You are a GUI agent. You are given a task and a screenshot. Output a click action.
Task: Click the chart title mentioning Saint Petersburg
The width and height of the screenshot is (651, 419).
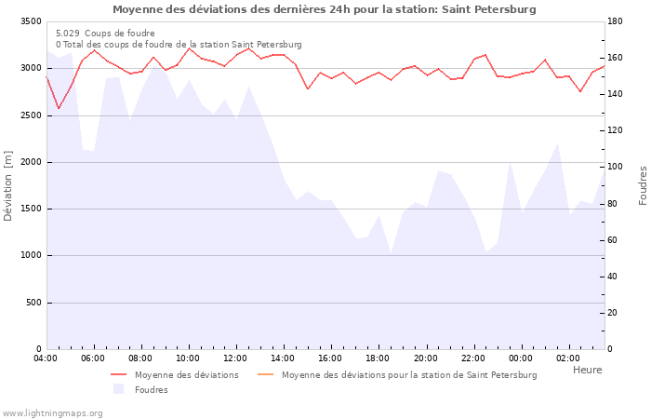click(325, 9)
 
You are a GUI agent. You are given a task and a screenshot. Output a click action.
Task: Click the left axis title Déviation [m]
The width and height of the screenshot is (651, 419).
click(8, 185)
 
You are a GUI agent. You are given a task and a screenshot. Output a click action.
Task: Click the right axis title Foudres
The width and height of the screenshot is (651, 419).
click(643, 185)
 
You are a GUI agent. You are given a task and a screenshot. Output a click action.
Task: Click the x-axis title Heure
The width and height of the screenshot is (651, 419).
click(587, 370)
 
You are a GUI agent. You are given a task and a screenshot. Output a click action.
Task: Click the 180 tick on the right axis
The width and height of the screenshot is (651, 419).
click(617, 21)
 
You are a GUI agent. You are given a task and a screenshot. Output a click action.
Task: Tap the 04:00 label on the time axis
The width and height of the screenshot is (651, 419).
click(46, 358)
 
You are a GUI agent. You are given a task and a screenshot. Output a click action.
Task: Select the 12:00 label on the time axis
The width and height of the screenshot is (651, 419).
click(235, 358)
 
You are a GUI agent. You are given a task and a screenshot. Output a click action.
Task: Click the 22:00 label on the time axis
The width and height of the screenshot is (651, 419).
click(473, 358)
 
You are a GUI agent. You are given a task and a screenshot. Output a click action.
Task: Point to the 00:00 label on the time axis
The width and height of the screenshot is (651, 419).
click(521, 358)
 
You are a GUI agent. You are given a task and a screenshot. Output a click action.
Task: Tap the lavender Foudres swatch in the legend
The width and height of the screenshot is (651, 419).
click(118, 389)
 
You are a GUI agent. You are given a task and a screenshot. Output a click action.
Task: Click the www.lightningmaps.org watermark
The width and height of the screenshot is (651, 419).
click(52, 412)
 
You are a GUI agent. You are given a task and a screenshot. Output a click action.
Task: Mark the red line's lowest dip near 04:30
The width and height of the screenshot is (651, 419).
click(59, 109)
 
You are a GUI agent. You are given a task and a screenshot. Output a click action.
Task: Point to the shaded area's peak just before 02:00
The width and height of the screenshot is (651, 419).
click(557, 143)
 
